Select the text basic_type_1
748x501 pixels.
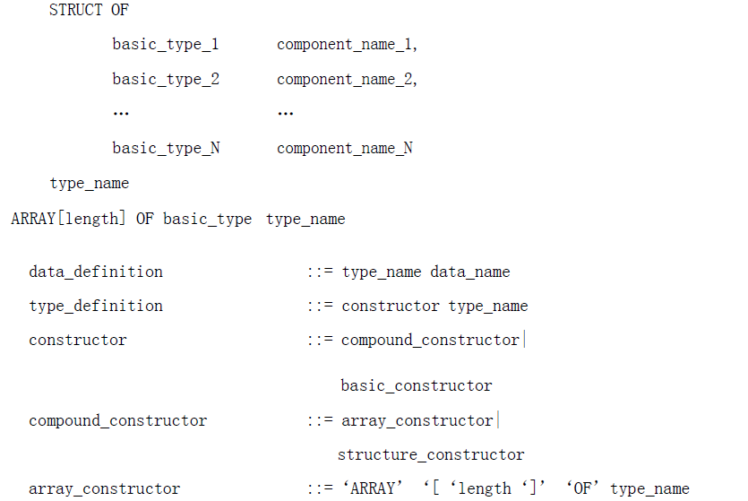tap(166, 45)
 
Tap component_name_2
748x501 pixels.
tap(346, 79)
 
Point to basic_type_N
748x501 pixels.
tap(166, 149)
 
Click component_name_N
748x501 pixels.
tap(345, 149)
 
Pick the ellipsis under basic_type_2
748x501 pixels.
tap(121, 114)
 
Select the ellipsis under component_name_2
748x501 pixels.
tap(285, 114)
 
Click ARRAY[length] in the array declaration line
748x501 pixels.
tap(68, 219)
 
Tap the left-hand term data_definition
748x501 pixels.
tap(96, 272)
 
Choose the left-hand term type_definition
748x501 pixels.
tap(96, 306)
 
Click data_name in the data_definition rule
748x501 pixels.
tap(470, 272)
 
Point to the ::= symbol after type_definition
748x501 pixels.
tap(320, 306)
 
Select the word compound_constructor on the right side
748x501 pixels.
tap(430, 341)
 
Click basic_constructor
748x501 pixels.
tap(417, 385)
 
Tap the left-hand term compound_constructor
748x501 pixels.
tap(118, 421)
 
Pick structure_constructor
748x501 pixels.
tap(431, 454)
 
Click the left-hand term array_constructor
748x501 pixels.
tap(105, 489)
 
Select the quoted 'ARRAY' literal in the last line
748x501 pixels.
tap(373, 488)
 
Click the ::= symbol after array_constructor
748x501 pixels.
tap(320, 488)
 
